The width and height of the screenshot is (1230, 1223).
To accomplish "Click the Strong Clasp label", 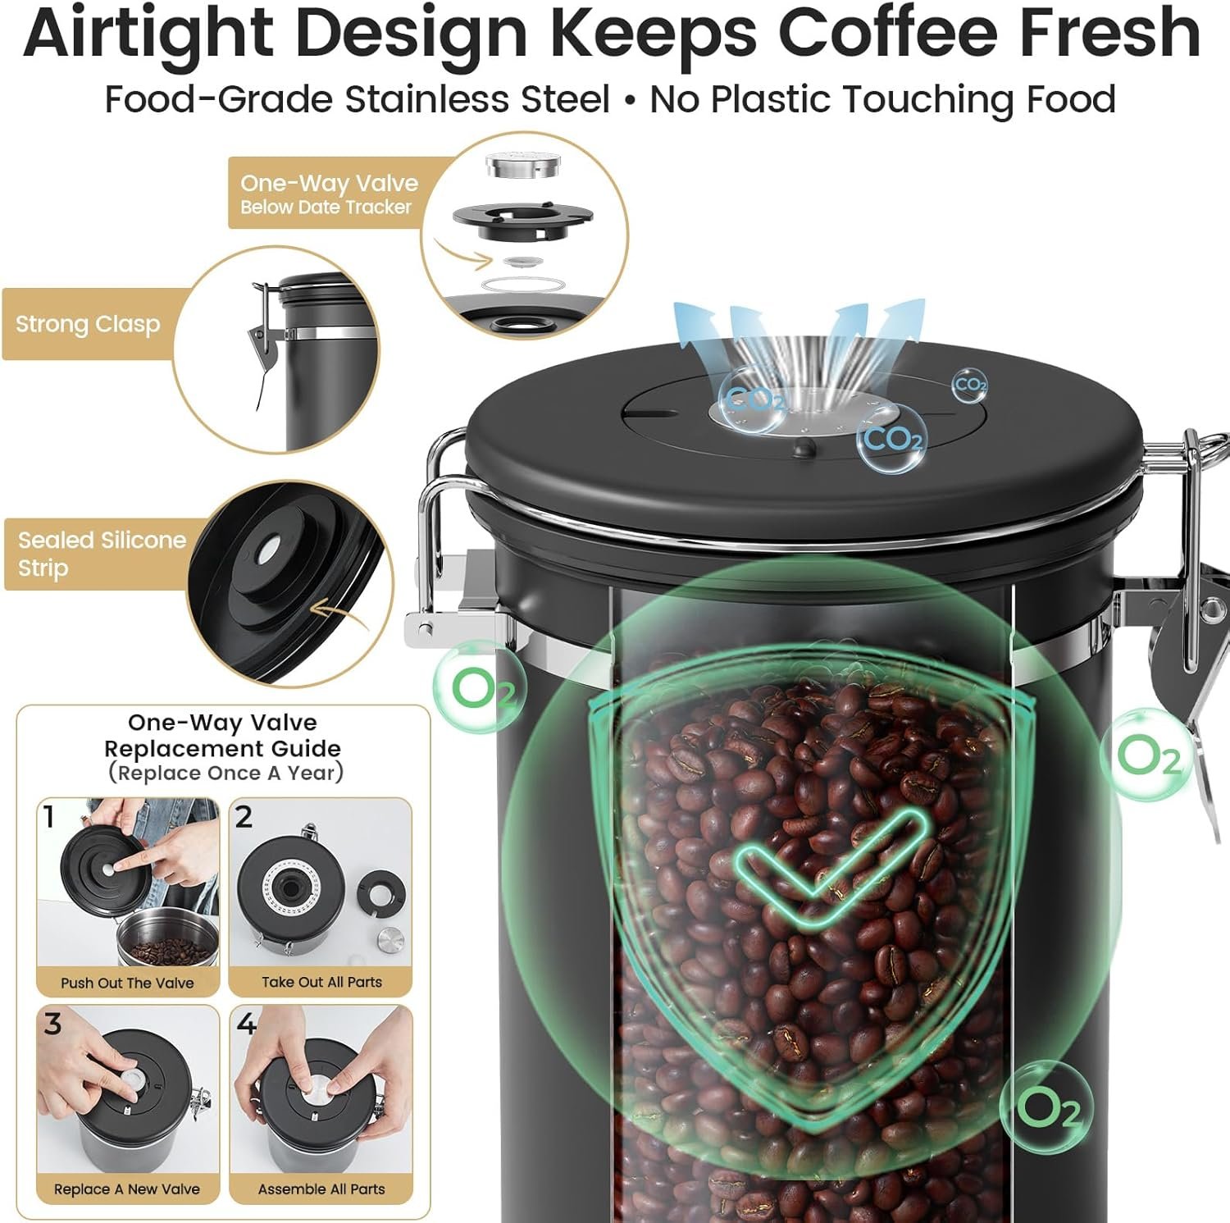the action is click(x=88, y=324).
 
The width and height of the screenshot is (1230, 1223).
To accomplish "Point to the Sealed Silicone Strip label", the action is click(x=102, y=554).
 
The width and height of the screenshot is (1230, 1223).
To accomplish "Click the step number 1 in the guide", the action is click(x=50, y=817).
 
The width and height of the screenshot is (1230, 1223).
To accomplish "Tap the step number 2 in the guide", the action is click(x=244, y=817).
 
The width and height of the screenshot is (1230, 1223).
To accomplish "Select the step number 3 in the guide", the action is click(x=52, y=1024).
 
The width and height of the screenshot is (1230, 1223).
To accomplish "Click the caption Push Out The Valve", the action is click(x=127, y=983).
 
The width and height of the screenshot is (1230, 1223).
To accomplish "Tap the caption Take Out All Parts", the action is click(x=321, y=982).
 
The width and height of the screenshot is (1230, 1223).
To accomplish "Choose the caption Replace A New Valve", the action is click(x=127, y=1189).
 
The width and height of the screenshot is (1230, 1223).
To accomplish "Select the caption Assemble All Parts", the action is click(x=321, y=1189).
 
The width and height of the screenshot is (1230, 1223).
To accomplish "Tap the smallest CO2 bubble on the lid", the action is click(x=970, y=385).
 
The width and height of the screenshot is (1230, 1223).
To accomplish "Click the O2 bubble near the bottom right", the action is click(x=1046, y=1108).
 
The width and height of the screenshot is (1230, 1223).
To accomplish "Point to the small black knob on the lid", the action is click(x=805, y=448).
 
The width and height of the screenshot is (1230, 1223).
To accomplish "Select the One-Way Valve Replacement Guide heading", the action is click(x=223, y=747).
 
